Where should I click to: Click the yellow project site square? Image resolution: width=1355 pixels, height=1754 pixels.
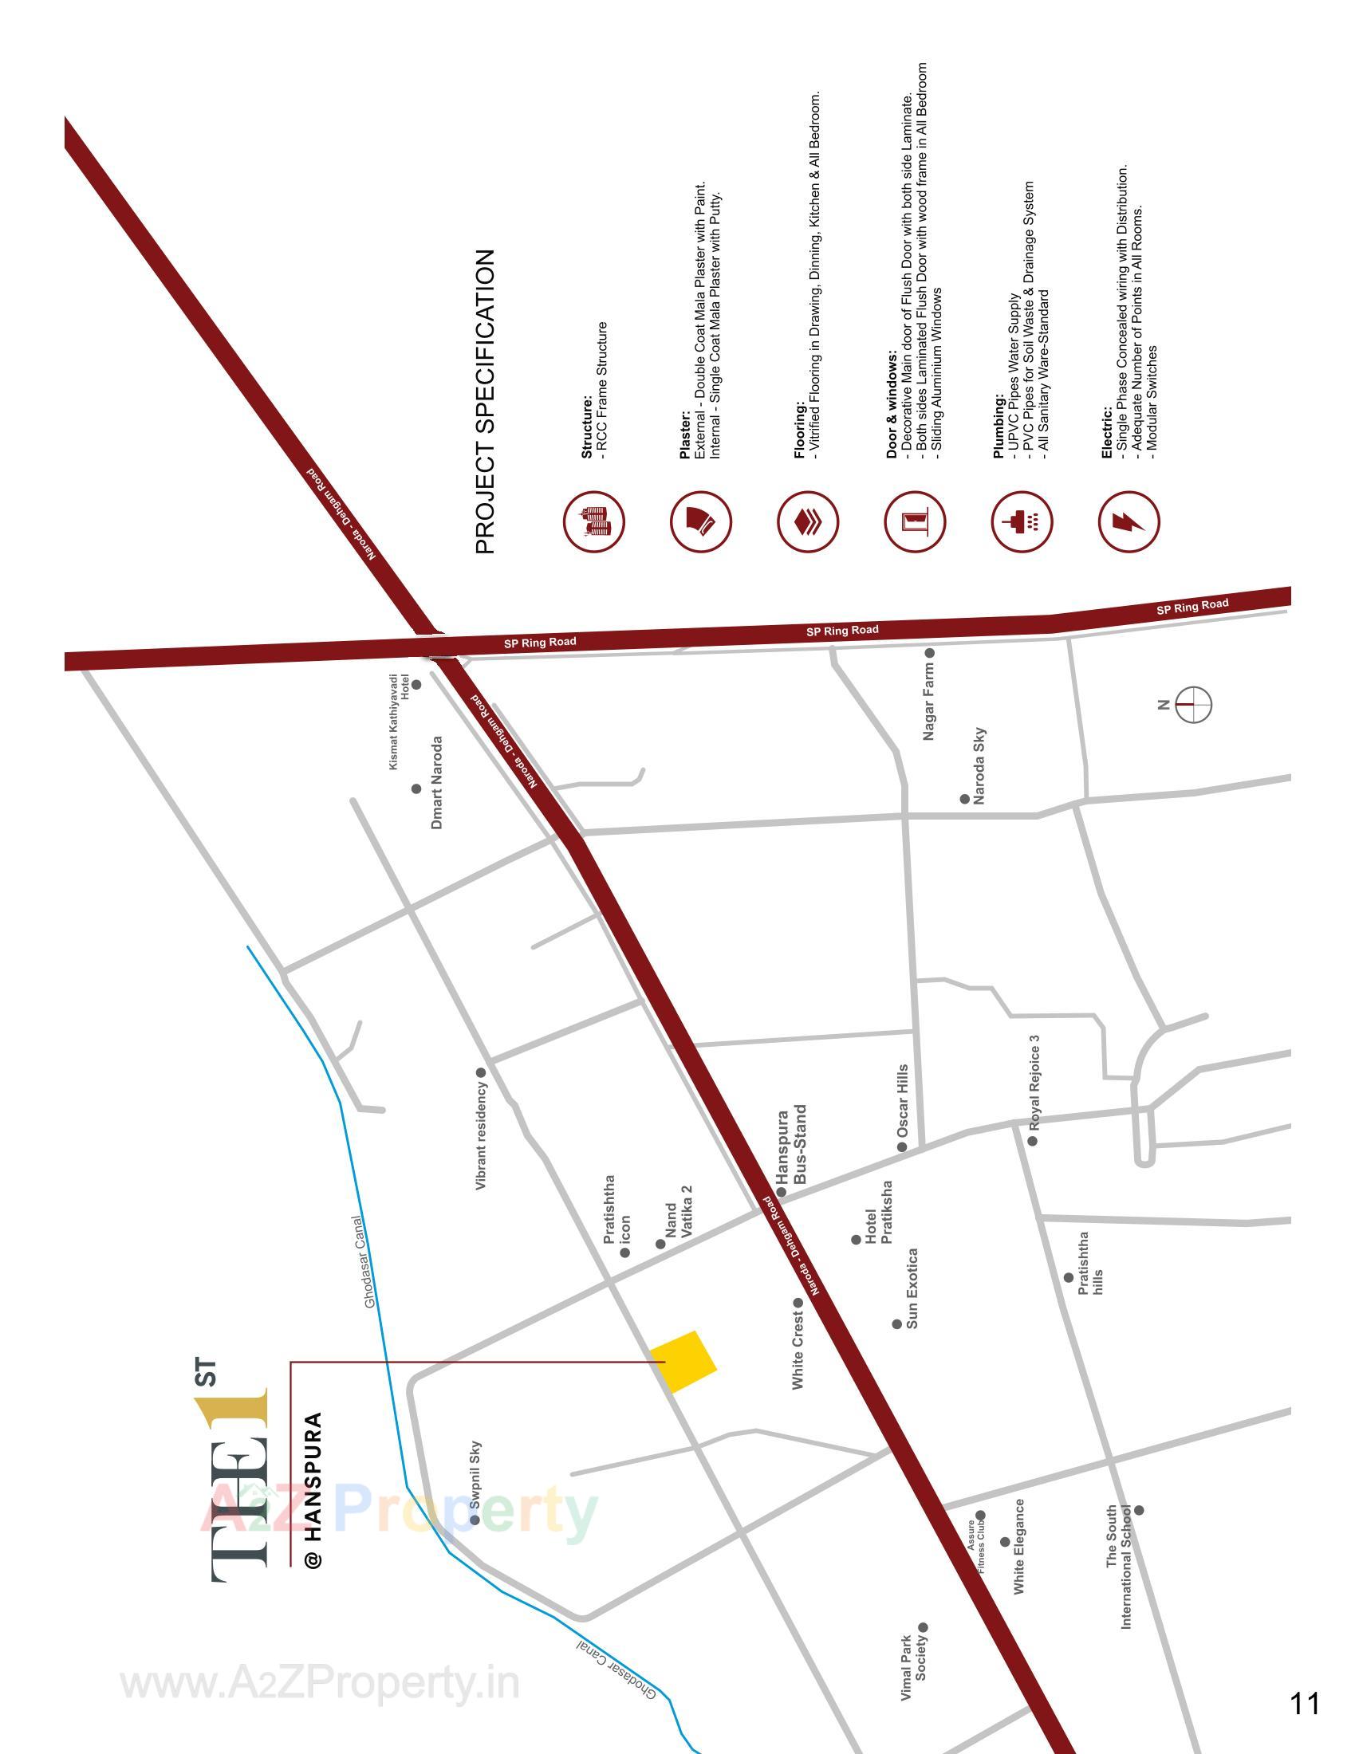coord(683,1361)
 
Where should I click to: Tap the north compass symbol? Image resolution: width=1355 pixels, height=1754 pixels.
coord(1193,704)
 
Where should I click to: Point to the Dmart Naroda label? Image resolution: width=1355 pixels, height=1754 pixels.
coord(437,782)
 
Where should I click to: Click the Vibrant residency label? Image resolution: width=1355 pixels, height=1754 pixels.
coord(481,1135)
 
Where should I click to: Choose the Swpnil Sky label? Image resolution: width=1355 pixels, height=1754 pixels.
coord(475,1476)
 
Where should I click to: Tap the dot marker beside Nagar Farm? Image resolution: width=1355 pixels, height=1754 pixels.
coord(929,653)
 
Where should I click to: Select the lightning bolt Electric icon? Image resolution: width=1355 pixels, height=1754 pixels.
coord(1129,522)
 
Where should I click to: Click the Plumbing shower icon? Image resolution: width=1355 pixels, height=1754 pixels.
coord(1022,522)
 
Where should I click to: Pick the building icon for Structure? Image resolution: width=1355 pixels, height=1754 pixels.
coord(593,522)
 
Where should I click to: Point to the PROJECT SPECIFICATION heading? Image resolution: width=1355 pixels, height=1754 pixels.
coord(485,402)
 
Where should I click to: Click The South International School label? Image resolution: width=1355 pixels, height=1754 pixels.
coord(1119,1567)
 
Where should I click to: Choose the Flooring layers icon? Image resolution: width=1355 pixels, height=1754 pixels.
coord(807,522)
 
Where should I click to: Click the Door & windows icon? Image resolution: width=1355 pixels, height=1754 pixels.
coord(915,522)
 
